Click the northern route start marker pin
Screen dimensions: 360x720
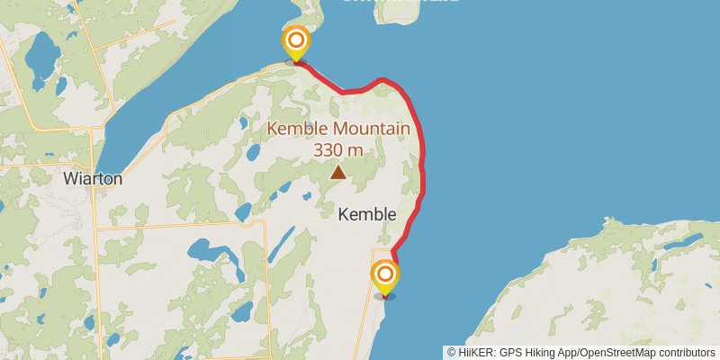pos(295,43)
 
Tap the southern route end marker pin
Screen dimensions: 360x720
pos(385,276)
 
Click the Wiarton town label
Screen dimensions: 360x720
pos(93,178)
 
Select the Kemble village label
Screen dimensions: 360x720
pos(366,214)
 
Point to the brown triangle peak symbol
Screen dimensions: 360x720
pos(337,171)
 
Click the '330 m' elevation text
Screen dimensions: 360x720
pos(338,149)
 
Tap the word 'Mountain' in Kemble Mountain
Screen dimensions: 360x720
pos(367,130)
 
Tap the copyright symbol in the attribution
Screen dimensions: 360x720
pos(452,353)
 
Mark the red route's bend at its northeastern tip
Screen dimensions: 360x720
pos(383,80)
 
